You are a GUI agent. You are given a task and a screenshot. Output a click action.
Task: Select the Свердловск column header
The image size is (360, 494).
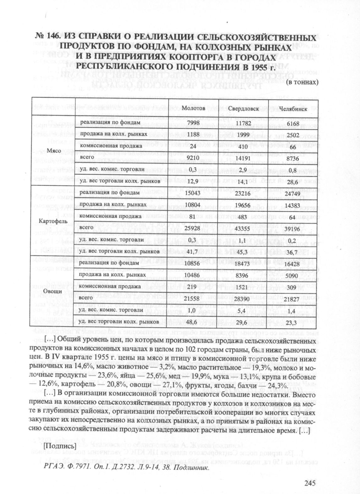[243, 109]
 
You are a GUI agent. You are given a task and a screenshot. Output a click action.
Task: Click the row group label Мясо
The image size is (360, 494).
[54, 151]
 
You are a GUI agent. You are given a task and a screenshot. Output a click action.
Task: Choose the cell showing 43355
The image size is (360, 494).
[243, 228]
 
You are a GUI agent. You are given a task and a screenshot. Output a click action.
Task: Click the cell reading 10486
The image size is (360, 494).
[192, 275]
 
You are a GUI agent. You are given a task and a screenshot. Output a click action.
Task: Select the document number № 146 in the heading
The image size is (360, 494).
[47, 36]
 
